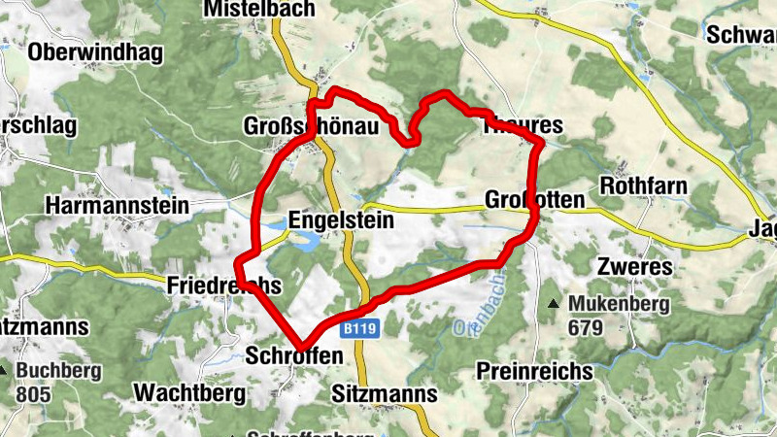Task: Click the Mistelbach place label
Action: [259, 9]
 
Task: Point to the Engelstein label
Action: [341, 221]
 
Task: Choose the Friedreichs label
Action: [223, 286]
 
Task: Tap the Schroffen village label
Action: [295, 356]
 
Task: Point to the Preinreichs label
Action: [535, 371]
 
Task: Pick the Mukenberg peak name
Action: [620, 305]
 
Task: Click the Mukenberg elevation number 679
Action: [586, 328]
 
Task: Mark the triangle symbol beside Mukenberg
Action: [554, 305]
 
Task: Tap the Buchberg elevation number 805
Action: [33, 394]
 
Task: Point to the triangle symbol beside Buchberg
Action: [20, 371]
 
